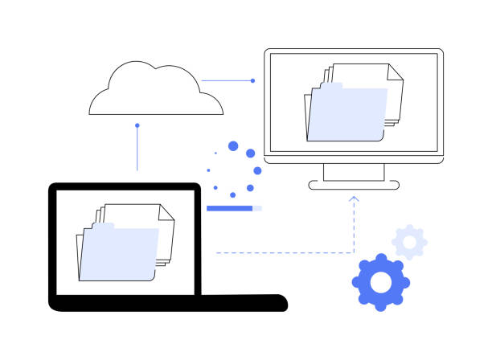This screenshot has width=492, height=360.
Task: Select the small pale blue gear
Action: tap(409, 242)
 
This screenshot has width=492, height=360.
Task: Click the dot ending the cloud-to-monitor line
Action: tap(252, 80)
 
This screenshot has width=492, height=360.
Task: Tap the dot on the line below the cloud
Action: tap(137, 125)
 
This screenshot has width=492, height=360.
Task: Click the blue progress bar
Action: tap(230, 208)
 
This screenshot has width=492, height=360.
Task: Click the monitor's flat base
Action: tap(354, 185)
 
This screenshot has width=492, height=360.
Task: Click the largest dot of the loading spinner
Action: tap(234, 146)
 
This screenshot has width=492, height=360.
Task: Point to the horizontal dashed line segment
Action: tap(281, 253)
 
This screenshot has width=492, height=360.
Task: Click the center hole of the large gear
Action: tap(381, 281)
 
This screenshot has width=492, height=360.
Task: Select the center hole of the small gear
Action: tap(409, 242)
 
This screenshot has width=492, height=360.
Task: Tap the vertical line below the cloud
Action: tap(137, 149)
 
